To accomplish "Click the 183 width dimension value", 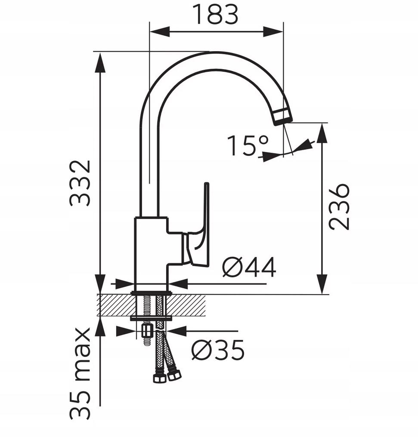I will click(x=215, y=15).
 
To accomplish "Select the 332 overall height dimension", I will click(x=81, y=183).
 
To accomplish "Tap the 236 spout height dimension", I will click(x=339, y=206).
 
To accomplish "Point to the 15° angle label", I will click(x=247, y=146).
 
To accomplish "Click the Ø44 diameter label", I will click(x=249, y=268).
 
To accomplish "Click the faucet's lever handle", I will click(x=202, y=224).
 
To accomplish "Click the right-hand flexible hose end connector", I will click(x=174, y=375).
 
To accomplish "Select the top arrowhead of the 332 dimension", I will click(x=100, y=62).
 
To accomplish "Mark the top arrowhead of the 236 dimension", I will click(x=322, y=134).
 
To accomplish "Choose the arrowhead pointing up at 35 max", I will click(x=100, y=327).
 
